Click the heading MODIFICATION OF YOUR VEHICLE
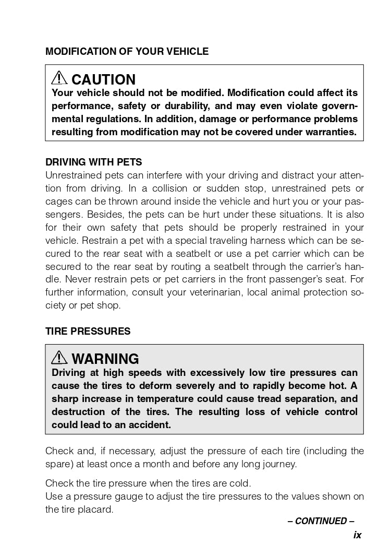pyautogui.click(x=127, y=51)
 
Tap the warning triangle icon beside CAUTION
pyautogui.click(x=59, y=78)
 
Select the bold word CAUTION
pyautogui.click(x=103, y=79)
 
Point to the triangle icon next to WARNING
pyautogui.click(x=59, y=358)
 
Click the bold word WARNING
pyautogui.click(x=105, y=359)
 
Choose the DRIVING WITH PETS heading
pyautogui.click(x=93, y=162)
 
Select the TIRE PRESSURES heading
pyautogui.click(x=88, y=331)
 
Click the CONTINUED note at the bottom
pyautogui.click(x=321, y=521)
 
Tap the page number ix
pyautogui.click(x=357, y=535)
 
